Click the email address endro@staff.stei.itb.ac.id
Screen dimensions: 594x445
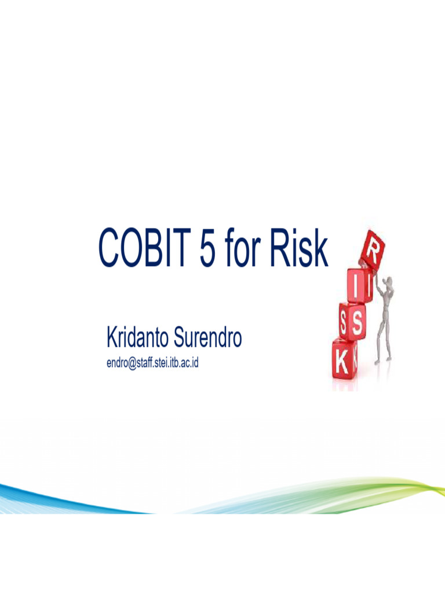152,364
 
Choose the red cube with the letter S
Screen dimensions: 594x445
353,321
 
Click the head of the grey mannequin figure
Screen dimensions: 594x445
389,282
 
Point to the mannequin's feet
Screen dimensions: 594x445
382,361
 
